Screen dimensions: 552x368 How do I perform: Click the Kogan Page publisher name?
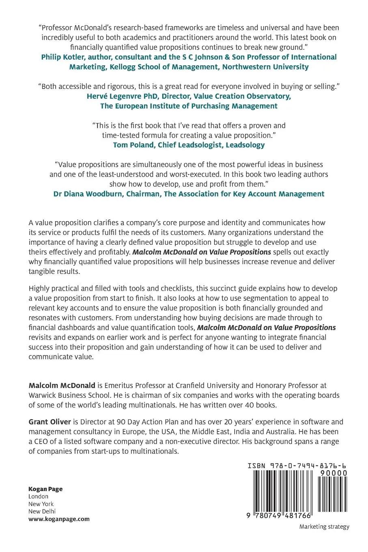point(45,489)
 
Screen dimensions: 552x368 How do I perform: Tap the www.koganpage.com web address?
point(59,519)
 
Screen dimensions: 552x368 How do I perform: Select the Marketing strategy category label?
point(324,527)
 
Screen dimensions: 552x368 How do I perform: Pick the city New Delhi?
point(42,511)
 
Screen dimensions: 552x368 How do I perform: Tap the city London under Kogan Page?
point(38,496)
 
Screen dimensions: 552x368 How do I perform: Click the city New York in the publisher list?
point(41,504)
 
